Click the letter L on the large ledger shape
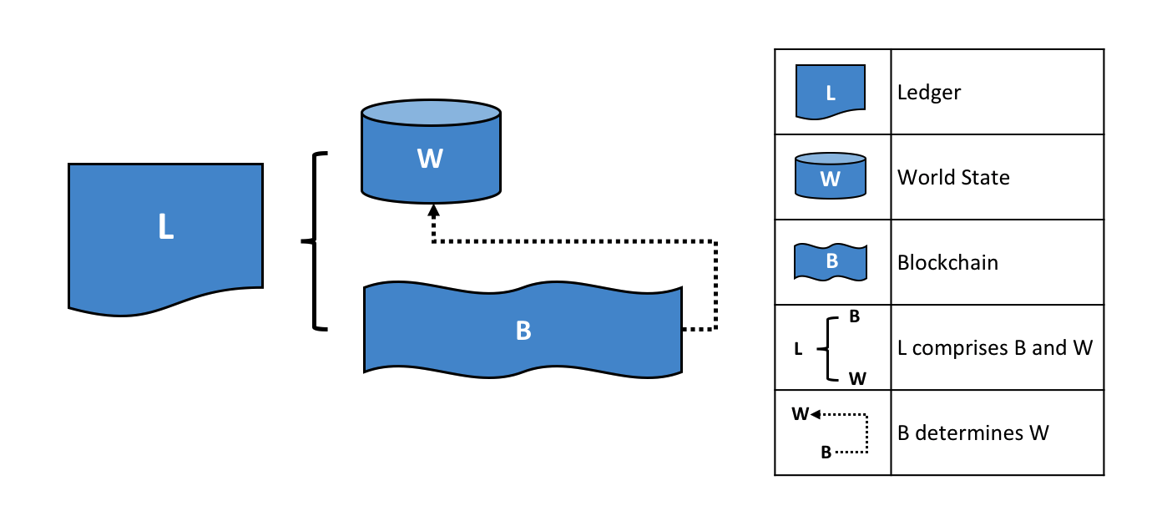click(x=165, y=227)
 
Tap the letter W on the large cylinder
click(x=430, y=159)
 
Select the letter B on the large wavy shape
click(x=523, y=331)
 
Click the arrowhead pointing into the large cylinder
click(x=432, y=210)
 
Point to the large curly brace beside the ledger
click(x=316, y=242)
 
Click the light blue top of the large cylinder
click(x=431, y=113)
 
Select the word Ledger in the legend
click(x=929, y=92)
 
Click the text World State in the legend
click(x=953, y=177)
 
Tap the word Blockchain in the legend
click(x=947, y=262)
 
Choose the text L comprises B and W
click(x=995, y=347)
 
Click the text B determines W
click(x=972, y=432)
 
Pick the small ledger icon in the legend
click(x=830, y=92)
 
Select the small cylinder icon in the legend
click(x=830, y=175)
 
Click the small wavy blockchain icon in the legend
click(x=830, y=261)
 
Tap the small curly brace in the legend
click(x=827, y=347)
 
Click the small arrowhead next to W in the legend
click(x=815, y=413)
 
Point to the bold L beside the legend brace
click(x=798, y=350)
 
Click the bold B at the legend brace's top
click(x=855, y=317)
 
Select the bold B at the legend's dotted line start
click(x=826, y=453)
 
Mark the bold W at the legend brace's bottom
click(x=857, y=378)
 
